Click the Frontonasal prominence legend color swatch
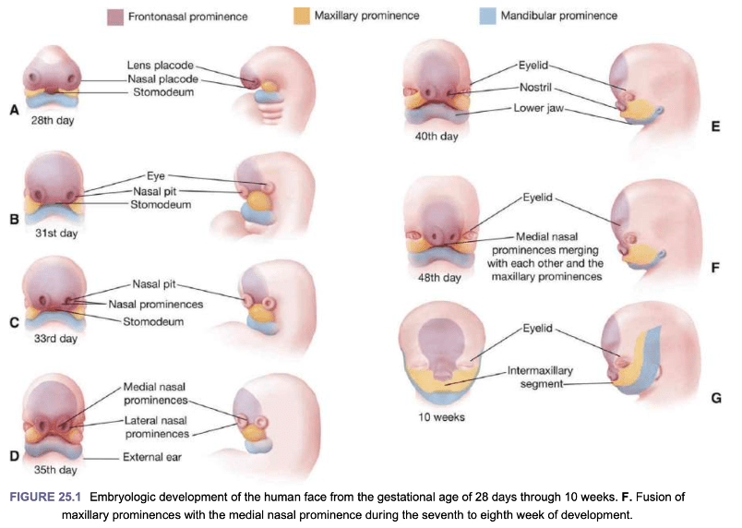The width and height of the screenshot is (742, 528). click(115, 17)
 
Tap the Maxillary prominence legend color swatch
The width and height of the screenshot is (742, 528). click(302, 16)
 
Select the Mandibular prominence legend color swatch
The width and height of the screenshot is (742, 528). click(488, 16)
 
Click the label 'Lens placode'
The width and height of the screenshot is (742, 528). click(161, 66)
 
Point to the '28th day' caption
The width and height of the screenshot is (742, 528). click(53, 120)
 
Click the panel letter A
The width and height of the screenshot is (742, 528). click(15, 110)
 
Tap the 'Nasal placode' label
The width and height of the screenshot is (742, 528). click(162, 79)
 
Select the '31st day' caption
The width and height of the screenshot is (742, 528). click(56, 233)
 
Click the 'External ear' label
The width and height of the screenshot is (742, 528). click(152, 457)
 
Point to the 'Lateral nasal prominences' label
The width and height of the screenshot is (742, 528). click(157, 427)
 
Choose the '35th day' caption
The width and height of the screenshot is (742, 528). click(55, 470)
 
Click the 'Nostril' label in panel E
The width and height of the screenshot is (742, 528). click(535, 88)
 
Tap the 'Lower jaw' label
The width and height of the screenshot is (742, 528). click(539, 108)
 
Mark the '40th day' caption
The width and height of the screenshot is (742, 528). click(437, 137)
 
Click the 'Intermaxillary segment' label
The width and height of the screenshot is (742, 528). click(541, 377)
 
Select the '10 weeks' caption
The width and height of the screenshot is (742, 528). click(441, 417)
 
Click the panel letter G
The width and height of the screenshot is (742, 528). click(716, 399)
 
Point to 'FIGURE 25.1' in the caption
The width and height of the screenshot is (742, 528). click(45, 498)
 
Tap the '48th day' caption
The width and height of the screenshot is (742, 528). click(439, 278)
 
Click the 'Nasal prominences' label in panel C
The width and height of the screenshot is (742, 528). click(156, 305)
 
